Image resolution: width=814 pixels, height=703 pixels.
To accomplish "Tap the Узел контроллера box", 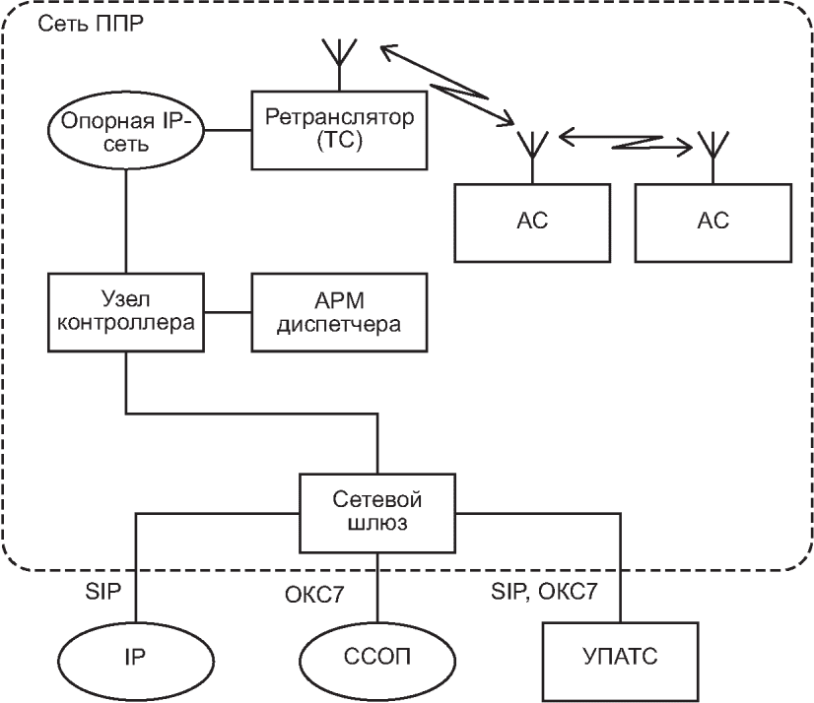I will point(126,312).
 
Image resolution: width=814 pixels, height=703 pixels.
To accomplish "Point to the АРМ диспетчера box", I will point(340,312).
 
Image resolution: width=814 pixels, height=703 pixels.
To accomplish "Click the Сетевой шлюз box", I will point(379,512).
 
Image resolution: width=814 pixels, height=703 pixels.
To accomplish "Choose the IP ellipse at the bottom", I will point(136,658).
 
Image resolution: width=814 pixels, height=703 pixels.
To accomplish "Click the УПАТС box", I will point(619,658).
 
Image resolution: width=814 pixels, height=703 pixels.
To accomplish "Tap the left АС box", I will point(529,222).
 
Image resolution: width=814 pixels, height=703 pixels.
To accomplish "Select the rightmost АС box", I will point(711,222).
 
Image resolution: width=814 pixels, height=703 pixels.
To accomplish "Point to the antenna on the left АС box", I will point(529,148).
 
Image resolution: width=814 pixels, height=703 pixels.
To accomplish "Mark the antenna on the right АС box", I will point(711,148).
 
